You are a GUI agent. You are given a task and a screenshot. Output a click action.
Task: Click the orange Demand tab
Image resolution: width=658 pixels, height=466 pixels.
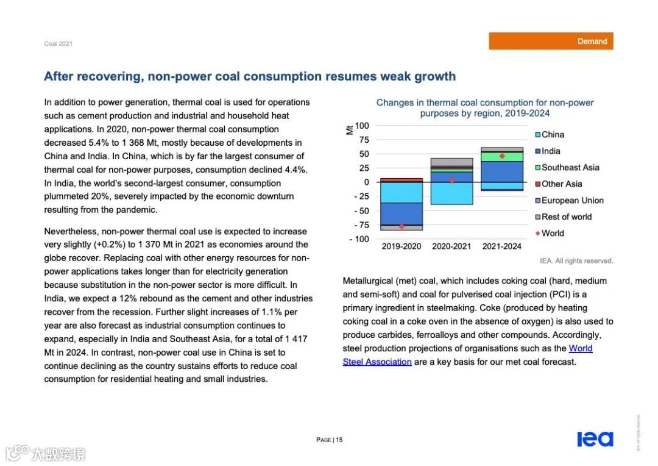(x=551, y=41)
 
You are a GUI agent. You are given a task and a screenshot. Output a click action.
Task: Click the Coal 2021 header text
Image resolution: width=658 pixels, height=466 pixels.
(x=58, y=44)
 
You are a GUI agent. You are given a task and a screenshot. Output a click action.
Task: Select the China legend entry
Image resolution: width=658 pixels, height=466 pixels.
(x=553, y=135)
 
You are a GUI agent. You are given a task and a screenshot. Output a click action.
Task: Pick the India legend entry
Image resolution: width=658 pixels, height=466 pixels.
(x=551, y=151)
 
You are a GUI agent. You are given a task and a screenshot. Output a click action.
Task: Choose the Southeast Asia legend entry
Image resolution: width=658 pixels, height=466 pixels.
(x=570, y=168)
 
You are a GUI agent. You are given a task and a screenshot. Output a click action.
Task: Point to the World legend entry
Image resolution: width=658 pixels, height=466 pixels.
(x=553, y=234)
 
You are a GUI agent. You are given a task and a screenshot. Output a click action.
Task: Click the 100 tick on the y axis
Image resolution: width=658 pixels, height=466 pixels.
(x=362, y=126)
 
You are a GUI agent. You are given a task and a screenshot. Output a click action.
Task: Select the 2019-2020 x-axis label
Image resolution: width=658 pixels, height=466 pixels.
(x=402, y=247)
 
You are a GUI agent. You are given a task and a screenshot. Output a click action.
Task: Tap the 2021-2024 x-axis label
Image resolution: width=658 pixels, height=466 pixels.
(x=502, y=247)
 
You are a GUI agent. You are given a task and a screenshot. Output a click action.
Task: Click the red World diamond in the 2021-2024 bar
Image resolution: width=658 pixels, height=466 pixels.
(x=502, y=156)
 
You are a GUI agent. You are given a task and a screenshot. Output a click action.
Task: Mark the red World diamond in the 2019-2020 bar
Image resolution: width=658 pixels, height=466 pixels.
(x=402, y=226)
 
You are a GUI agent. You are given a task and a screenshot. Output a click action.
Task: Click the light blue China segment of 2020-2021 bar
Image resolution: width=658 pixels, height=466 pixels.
(x=451, y=193)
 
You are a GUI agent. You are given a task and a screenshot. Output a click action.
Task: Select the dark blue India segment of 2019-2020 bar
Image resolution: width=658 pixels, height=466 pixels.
(x=402, y=213)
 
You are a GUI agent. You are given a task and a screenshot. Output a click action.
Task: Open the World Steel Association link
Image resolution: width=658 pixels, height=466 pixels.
(x=580, y=349)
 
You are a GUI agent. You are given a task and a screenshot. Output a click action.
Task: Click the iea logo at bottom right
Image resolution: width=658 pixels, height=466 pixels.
(x=595, y=439)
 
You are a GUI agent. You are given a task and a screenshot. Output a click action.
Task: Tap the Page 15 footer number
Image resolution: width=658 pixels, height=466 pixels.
(x=330, y=440)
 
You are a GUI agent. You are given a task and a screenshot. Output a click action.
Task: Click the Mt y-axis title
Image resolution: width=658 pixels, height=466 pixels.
(x=349, y=129)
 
